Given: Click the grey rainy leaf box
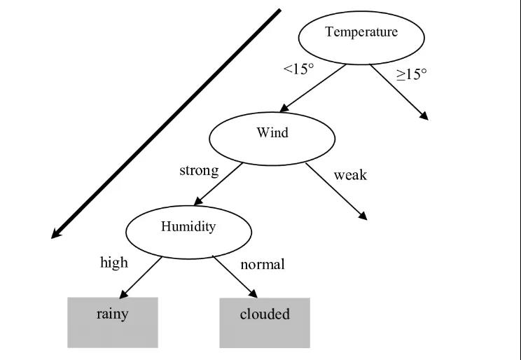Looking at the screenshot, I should tap(113, 323).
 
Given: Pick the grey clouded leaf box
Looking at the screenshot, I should tap(265, 323).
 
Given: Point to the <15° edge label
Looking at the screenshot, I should tap(298, 70).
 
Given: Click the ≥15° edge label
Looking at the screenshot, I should tap(412, 73).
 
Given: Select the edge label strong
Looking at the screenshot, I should tap(199, 170).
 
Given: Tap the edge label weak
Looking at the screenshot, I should tap(350, 174).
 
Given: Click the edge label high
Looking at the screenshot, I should tap(114, 263).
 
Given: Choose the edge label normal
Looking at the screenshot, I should tap(263, 265).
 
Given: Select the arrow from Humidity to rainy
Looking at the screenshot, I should tap(142, 276).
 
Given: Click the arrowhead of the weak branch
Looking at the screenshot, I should tap(363, 216).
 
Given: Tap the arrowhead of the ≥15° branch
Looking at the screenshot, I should tap(424, 116).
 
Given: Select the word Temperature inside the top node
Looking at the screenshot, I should tap(361, 32).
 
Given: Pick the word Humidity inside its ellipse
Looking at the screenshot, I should tap(188, 227).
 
